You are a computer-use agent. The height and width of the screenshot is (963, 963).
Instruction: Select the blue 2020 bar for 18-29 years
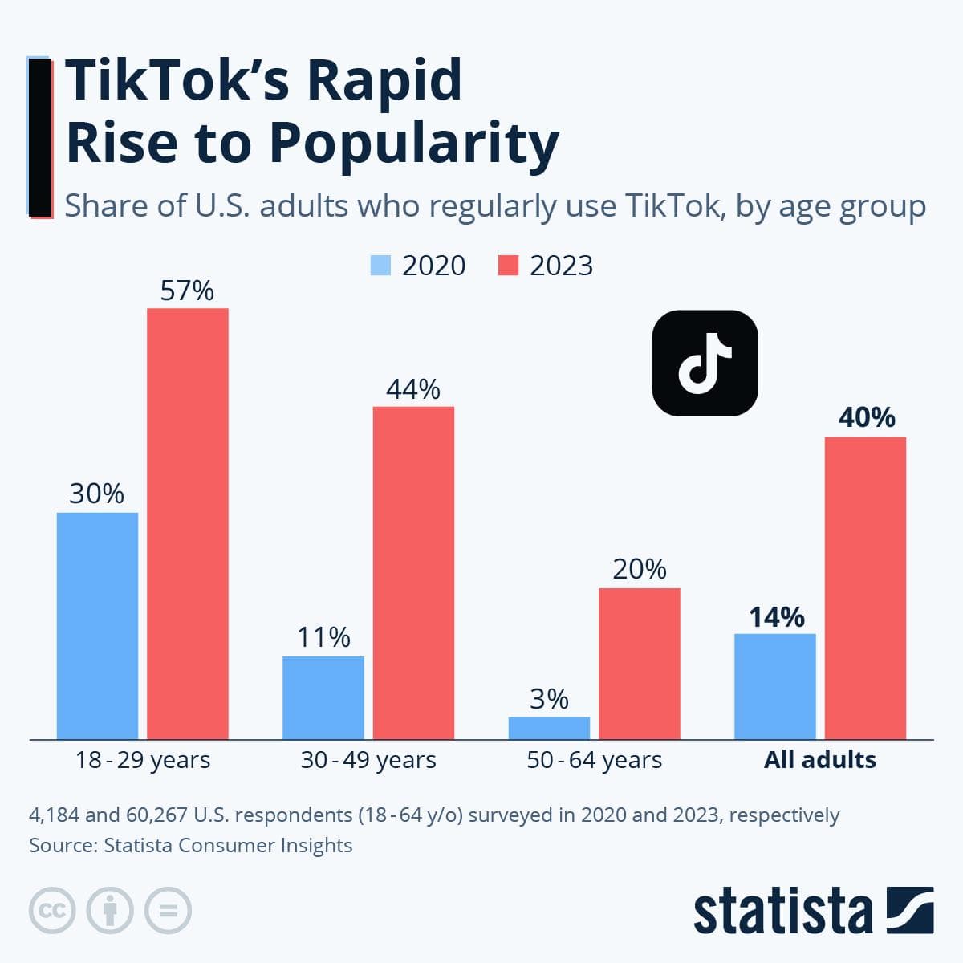pos(97,625)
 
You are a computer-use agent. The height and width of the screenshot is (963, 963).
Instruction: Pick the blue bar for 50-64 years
pos(549,728)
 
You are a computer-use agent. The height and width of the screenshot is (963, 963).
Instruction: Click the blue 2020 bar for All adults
pos(774,686)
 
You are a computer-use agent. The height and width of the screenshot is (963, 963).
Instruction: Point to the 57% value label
pos(187,291)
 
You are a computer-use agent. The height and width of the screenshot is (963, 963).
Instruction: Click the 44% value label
pos(413,389)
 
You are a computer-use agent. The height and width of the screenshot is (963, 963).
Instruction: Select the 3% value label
pos(549,699)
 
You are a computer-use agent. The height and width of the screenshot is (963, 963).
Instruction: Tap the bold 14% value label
pos(776,616)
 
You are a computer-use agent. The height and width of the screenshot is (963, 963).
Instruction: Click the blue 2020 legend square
pos(380,266)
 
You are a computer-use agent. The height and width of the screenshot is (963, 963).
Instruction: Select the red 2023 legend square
pos(508,266)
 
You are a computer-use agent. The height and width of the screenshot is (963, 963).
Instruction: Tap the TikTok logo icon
pos(705,363)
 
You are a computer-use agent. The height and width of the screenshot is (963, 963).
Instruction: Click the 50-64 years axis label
pos(594,760)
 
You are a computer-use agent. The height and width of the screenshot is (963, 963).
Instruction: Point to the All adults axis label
pos(819,760)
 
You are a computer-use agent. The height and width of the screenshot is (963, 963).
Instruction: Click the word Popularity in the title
pos(412,143)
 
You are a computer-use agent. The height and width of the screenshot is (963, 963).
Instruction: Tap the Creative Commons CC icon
pos(52,910)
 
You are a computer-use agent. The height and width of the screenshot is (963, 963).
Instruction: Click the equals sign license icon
pos(168,910)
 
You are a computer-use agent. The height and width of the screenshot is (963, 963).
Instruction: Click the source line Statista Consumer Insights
pos(228,845)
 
